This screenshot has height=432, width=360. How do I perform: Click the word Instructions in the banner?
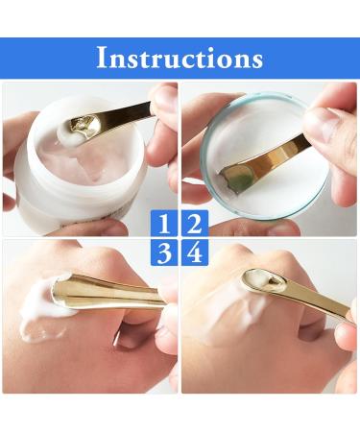tap(180, 58)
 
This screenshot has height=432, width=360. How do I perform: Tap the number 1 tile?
tap(165, 226)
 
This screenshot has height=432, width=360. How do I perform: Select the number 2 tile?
tap(194, 226)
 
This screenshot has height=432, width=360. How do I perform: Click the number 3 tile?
tap(165, 253)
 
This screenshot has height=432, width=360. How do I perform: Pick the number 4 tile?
tap(194, 253)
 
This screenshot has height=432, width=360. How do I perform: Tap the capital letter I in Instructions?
tap(102, 58)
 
